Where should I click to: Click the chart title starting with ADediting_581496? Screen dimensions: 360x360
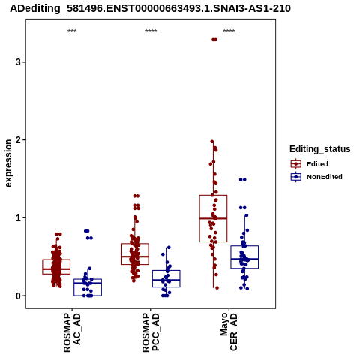(150, 9)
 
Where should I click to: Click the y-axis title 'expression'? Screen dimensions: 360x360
(8, 163)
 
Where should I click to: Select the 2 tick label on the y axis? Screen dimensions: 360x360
(18, 140)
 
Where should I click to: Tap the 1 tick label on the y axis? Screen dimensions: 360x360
(18, 218)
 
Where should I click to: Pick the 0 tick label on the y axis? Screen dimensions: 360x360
(18, 295)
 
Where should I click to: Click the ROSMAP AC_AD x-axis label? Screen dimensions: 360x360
(72, 332)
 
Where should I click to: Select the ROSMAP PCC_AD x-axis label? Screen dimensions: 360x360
(151, 332)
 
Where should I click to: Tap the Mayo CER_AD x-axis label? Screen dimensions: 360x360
(229, 331)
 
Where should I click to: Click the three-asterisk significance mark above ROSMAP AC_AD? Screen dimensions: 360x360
(72, 31)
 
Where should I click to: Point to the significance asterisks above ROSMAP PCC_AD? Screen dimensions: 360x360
(151, 31)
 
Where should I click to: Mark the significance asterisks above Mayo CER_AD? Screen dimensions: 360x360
(229, 31)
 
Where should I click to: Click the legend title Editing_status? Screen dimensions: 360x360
(320, 149)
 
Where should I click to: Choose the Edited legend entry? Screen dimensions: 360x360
(309, 164)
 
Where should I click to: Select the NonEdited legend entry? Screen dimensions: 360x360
(316, 177)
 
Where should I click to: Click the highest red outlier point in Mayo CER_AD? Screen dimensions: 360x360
(214, 40)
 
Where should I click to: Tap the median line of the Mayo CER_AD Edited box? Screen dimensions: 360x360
(213, 218)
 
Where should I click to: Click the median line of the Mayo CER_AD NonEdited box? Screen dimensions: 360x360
(244, 259)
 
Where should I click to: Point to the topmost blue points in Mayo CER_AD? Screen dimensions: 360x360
(243, 179)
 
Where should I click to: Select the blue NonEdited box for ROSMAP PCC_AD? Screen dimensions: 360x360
(166, 278)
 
